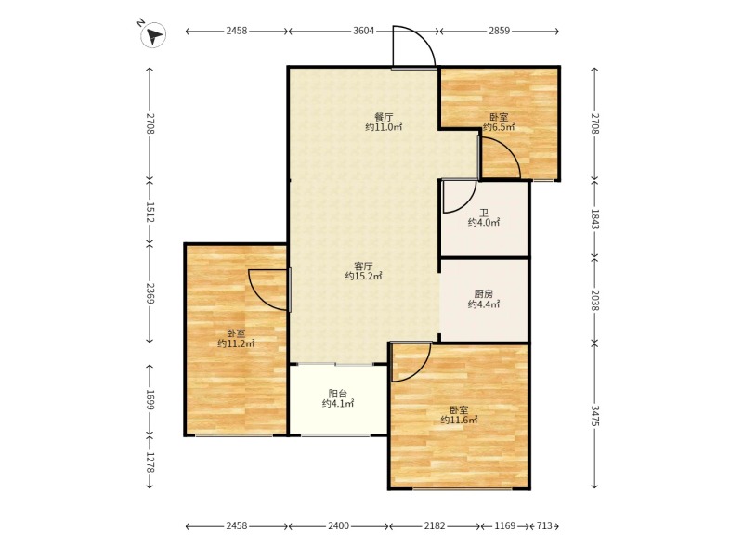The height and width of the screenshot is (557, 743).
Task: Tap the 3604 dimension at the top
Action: click(364, 31)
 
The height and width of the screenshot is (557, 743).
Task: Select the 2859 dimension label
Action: click(499, 31)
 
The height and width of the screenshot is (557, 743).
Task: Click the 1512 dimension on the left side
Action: click(150, 214)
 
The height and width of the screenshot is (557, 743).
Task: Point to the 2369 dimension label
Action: click(150, 293)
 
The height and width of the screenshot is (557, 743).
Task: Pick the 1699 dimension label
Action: click(150, 400)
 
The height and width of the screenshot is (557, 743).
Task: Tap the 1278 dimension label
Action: click(150, 461)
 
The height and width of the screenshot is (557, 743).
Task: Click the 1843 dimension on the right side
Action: click(594, 219)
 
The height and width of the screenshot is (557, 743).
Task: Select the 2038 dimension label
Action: click(594, 300)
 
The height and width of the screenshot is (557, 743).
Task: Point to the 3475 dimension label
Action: click(594, 415)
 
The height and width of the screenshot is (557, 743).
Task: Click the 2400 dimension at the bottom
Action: click(339, 525)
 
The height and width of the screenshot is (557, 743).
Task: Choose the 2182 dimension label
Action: click(435, 525)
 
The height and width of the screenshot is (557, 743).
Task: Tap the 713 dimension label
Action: click(544, 525)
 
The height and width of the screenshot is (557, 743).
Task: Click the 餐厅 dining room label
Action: click(384, 117)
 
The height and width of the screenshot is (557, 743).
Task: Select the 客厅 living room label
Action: click(363, 266)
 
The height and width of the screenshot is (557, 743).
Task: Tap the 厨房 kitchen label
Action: click(483, 294)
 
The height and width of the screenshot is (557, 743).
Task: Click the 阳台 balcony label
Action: click(338, 393)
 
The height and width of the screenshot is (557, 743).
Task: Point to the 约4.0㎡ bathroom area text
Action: click(484, 222)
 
